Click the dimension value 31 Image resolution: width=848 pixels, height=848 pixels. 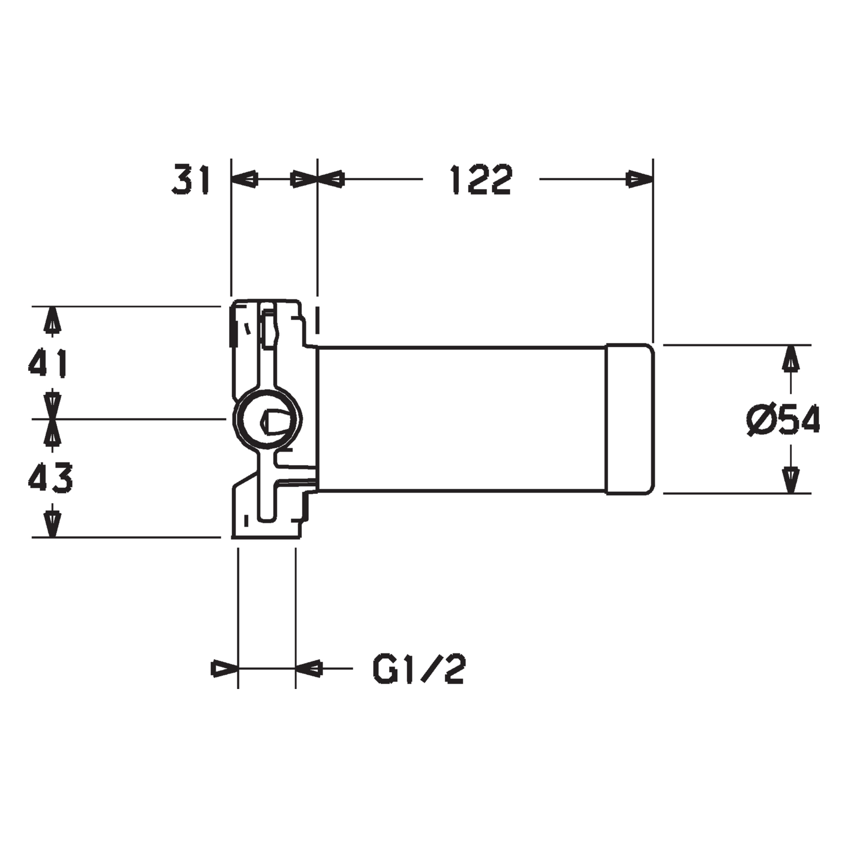pyautogui.click(x=191, y=179)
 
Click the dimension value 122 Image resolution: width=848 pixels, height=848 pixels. pyautogui.click(x=481, y=179)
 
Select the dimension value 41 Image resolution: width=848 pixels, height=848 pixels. pyautogui.click(x=48, y=363)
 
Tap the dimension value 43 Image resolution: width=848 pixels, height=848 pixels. pyautogui.click(x=50, y=478)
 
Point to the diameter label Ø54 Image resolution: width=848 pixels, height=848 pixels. pyautogui.click(x=783, y=420)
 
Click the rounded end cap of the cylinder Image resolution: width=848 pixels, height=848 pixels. pyautogui.click(x=629, y=419)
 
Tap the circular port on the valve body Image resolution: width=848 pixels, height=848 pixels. pyautogui.click(x=268, y=420)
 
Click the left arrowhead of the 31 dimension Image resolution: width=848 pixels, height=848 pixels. pyautogui.click(x=244, y=180)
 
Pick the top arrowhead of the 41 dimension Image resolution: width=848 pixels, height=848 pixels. pyautogui.click(x=53, y=320)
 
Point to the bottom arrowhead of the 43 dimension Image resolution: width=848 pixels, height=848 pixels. pyautogui.click(x=53, y=524)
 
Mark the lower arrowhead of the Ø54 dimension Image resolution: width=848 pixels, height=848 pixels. pyautogui.click(x=791, y=479)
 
